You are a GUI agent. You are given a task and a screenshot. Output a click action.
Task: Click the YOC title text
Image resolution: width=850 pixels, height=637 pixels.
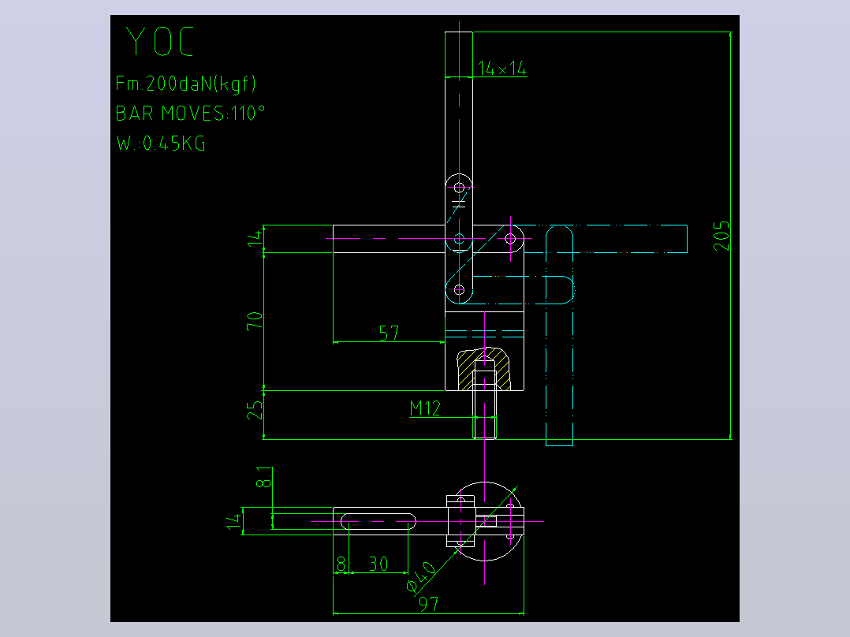click(x=159, y=41)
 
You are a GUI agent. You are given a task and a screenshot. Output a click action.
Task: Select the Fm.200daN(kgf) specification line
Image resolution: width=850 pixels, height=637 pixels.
click(x=185, y=83)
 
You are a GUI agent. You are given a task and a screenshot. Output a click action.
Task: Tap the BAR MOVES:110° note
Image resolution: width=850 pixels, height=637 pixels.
click(x=190, y=113)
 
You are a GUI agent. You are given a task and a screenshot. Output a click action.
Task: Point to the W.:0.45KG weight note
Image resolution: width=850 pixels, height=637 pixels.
click(x=161, y=143)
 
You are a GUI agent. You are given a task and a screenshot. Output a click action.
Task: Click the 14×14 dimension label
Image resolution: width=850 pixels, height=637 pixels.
click(x=502, y=69)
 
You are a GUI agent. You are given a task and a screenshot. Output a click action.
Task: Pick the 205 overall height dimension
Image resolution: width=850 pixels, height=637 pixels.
click(x=721, y=235)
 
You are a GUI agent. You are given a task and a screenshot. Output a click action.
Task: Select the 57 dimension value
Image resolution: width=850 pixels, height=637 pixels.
click(x=390, y=333)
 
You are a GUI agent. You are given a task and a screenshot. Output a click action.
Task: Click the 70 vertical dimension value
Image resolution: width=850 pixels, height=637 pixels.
click(x=254, y=320)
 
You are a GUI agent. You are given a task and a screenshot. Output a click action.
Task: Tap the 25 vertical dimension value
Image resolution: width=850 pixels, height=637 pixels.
click(x=254, y=411)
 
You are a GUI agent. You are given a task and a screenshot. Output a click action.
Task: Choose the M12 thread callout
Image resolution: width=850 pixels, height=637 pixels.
click(x=425, y=408)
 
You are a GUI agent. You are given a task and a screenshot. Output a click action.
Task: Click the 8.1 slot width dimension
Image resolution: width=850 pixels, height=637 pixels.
click(x=263, y=476)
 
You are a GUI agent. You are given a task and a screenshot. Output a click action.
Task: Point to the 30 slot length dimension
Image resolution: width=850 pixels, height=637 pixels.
click(x=378, y=564)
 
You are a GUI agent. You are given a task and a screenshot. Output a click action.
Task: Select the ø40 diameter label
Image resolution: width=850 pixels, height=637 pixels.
click(x=421, y=576)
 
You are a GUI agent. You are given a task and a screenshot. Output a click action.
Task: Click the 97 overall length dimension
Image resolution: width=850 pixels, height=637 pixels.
click(x=429, y=603)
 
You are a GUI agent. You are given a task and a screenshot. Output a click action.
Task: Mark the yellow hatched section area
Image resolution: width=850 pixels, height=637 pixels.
click(x=483, y=369)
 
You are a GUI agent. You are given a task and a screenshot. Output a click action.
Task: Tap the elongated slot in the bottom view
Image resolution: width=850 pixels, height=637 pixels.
click(x=378, y=522)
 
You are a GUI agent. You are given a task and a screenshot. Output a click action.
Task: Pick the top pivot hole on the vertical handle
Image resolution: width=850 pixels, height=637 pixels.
click(x=459, y=188)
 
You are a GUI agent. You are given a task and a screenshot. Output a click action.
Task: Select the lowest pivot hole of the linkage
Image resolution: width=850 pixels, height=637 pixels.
click(x=459, y=290)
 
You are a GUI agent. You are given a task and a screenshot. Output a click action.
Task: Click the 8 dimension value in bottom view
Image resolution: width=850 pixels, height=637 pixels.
click(x=341, y=564)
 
